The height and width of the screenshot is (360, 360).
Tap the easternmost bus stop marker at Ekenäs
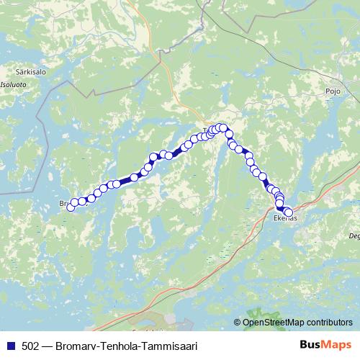(289, 212)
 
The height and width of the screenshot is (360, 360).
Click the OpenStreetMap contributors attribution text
(297, 323)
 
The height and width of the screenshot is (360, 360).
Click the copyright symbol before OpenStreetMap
(238, 323)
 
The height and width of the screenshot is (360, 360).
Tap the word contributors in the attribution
(329, 323)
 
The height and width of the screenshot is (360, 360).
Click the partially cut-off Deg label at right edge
(354, 235)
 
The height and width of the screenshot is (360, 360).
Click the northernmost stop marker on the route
(222, 127)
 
